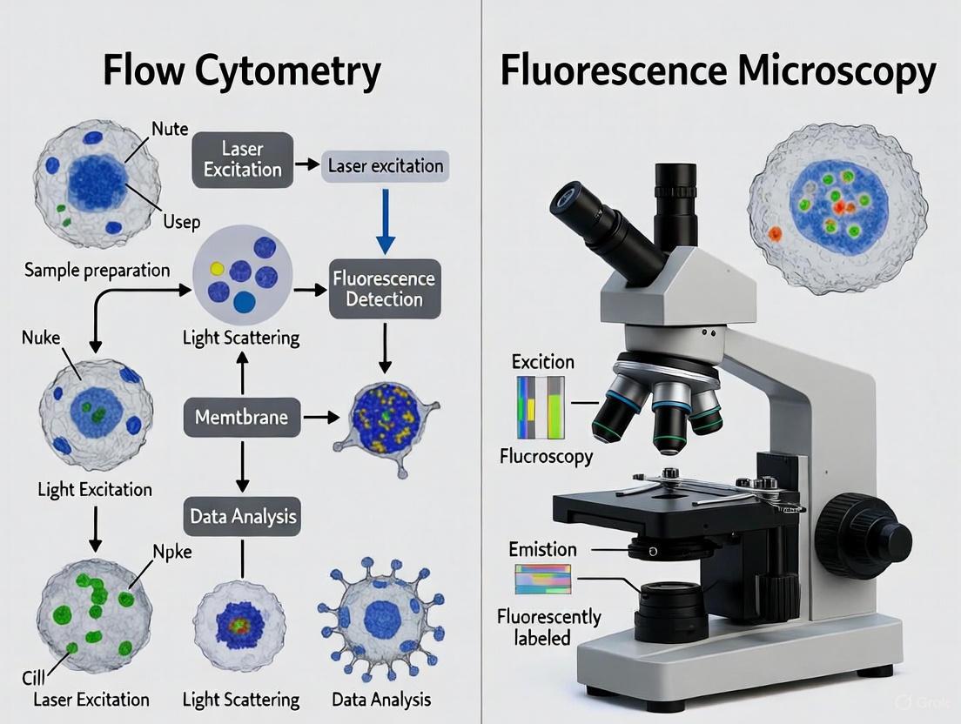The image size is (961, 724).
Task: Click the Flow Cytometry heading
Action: (x=241, y=71)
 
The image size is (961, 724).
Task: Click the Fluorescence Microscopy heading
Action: (x=718, y=71)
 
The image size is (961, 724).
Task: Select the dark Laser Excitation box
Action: (x=242, y=160)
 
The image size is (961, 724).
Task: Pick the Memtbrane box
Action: (x=242, y=418)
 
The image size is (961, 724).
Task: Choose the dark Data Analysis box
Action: (x=243, y=516)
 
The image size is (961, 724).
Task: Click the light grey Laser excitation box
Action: (x=385, y=164)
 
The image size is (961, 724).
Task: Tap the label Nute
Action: (x=170, y=129)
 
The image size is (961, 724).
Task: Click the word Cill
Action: (x=34, y=678)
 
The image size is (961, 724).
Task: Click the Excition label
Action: (x=542, y=361)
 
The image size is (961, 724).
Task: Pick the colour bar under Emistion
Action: (x=542, y=579)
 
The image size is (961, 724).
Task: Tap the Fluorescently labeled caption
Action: (x=548, y=627)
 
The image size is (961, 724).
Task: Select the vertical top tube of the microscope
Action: (x=675, y=204)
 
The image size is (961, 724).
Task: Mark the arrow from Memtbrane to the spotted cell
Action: (x=320, y=418)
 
